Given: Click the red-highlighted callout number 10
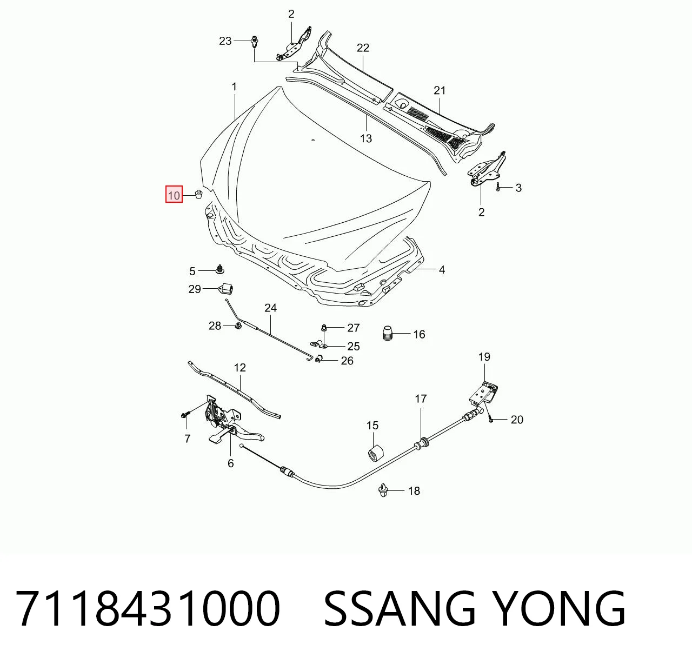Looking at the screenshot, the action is [x=174, y=195].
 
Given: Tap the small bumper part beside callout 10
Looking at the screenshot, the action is [x=198, y=194].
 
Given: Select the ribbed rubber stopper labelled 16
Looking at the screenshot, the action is [x=387, y=333].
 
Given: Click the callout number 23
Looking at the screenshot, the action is [x=225, y=41].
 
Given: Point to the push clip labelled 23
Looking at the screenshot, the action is [x=255, y=41].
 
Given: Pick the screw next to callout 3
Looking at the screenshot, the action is [x=498, y=187].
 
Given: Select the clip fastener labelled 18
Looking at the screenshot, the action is [x=383, y=490].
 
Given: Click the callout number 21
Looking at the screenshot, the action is [x=440, y=91].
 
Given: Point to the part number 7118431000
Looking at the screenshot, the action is [x=148, y=609].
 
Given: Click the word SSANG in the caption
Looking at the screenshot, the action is [x=400, y=609].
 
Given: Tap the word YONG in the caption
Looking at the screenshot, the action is [x=560, y=609].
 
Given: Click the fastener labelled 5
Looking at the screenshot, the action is [x=221, y=269].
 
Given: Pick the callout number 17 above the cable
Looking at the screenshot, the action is [x=421, y=399].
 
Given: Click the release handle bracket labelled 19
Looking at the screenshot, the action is [x=484, y=393].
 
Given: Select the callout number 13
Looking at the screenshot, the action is [x=366, y=138].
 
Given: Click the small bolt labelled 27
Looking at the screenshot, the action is [x=324, y=327].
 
